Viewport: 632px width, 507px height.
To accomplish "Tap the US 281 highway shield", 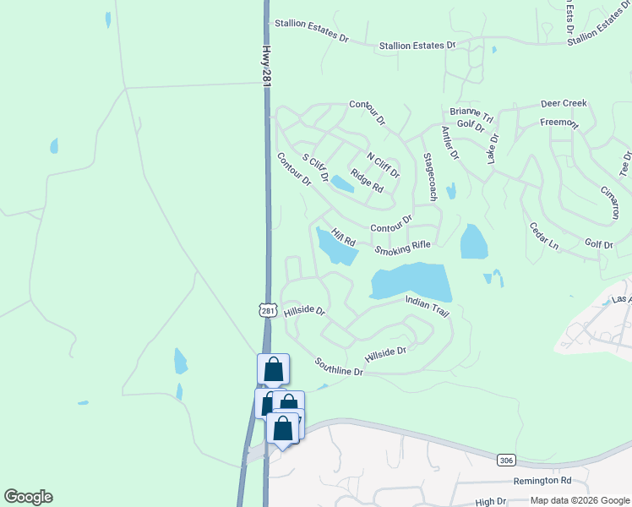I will click(x=268, y=311).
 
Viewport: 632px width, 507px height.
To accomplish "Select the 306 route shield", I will click(x=506, y=461).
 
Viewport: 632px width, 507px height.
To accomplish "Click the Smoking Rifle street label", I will click(x=403, y=247).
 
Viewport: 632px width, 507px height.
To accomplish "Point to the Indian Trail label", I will click(x=428, y=306).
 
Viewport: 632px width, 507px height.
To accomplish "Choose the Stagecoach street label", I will click(x=429, y=177).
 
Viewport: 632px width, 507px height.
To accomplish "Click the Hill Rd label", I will click(x=343, y=237).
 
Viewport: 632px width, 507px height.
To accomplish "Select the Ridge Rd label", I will click(x=367, y=183).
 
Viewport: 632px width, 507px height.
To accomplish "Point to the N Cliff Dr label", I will click(x=382, y=165).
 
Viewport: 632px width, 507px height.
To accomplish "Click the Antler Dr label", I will click(x=449, y=143).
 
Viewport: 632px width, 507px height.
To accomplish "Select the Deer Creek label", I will click(x=564, y=103).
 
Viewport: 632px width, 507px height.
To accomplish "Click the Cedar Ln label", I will click(x=543, y=236).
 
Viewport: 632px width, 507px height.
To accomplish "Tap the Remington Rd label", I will click(x=542, y=481).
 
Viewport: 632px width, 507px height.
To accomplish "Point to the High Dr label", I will click(x=490, y=501).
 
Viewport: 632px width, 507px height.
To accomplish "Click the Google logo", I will click(x=28, y=497).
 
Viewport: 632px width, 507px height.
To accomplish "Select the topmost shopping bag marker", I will click(x=273, y=369).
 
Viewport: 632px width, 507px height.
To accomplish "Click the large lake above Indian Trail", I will click(x=410, y=281).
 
